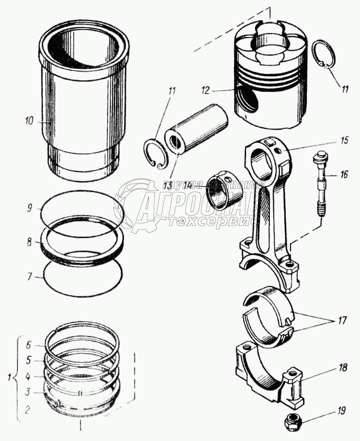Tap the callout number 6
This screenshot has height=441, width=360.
click(x=28, y=345)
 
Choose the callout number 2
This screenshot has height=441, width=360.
click(x=28, y=411)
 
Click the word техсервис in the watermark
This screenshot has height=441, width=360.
click(x=202, y=220)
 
